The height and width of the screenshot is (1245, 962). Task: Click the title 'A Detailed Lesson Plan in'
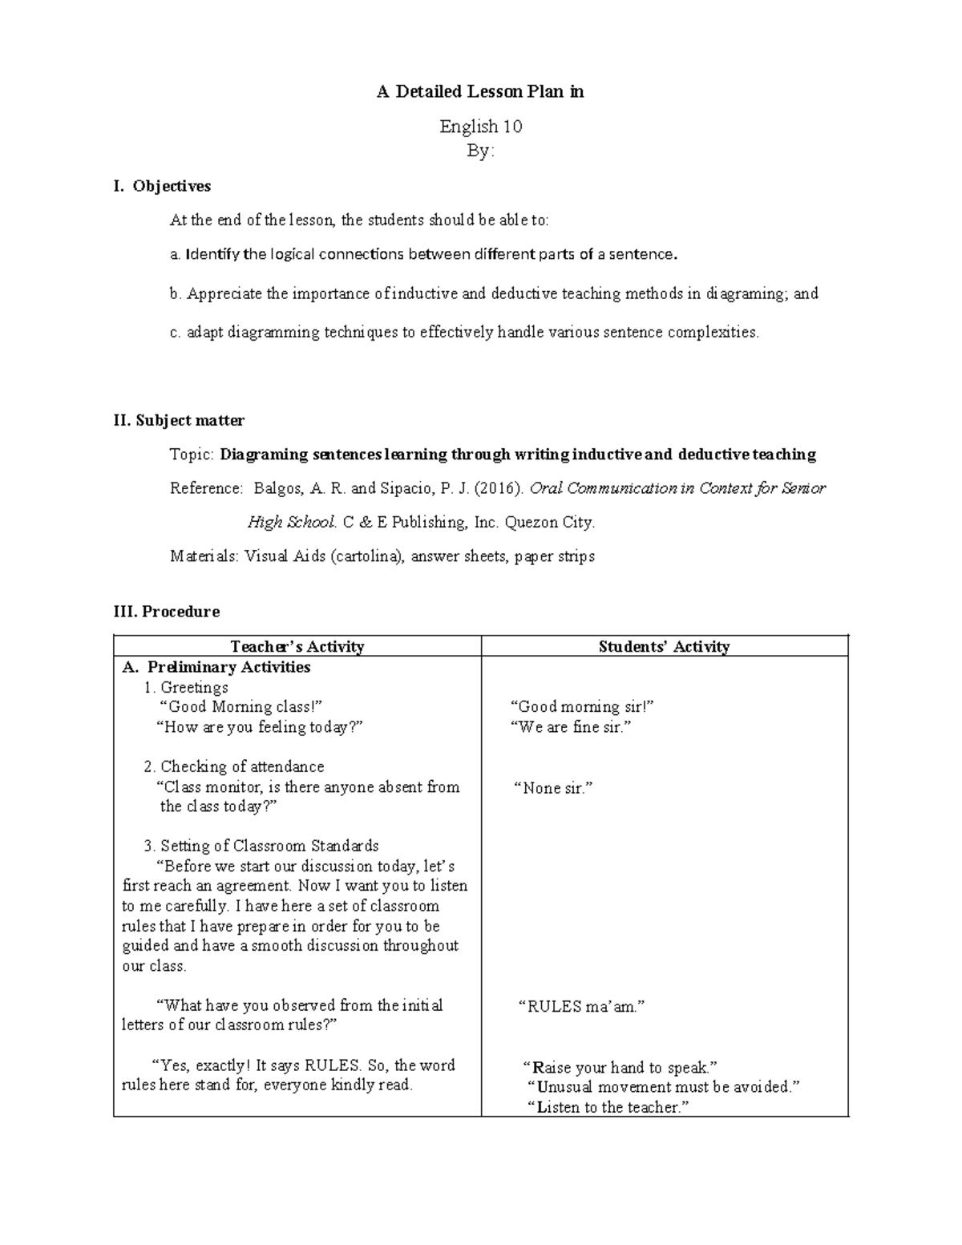[x=480, y=92]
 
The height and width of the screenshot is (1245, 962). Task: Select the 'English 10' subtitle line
[x=480, y=127]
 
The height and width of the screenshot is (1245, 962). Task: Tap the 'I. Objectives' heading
[x=163, y=186]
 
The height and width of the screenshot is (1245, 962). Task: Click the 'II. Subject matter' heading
[x=179, y=420]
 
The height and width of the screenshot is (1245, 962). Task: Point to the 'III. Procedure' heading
[x=168, y=612]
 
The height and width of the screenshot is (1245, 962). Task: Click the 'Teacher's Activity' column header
[x=297, y=647]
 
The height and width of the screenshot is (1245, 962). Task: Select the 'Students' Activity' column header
[x=664, y=647]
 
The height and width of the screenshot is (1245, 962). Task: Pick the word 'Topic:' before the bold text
[x=192, y=455]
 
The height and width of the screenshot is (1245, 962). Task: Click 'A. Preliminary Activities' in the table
[x=216, y=667]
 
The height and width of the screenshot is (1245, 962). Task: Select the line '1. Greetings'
[x=186, y=687]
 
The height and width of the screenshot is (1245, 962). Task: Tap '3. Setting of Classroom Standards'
[x=261, y=846]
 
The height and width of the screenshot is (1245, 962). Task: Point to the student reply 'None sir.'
[x=552, y=788]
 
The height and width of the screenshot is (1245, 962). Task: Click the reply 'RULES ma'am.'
[x=582, y=1007]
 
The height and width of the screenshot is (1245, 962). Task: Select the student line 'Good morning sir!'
[x=583, y=707]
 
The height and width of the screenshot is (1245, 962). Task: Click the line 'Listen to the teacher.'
[x=609, y=1107]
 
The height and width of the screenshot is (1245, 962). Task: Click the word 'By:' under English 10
[x=480, y=151]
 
